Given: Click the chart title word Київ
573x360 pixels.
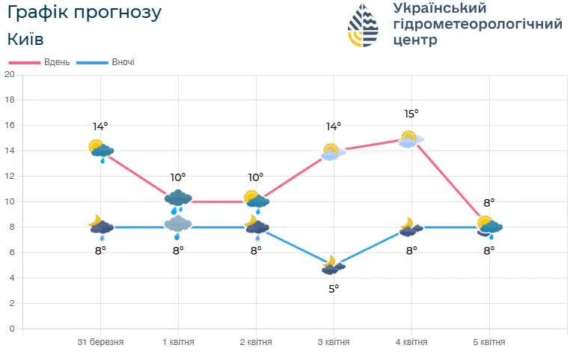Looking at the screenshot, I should point(25,38).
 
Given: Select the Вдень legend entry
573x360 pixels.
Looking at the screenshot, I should point(56,62).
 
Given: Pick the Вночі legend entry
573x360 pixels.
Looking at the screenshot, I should point(123,62).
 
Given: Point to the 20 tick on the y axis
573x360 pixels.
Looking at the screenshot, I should point(9,74).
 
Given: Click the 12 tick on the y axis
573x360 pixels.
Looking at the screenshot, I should point(9,176).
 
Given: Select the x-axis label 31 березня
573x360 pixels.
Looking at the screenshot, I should point(100,342).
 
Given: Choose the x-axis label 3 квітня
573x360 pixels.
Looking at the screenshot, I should point(334,342).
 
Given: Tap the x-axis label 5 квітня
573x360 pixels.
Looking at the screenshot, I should point(489,342).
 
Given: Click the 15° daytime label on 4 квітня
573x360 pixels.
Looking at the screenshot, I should point(411,114).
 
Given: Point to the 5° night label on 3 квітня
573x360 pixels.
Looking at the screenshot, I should point(334,288).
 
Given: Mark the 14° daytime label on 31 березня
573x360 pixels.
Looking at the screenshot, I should point(100,126).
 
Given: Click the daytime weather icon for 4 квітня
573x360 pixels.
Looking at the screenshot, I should point(411,139).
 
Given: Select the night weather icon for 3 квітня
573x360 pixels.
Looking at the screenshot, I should point(333,265).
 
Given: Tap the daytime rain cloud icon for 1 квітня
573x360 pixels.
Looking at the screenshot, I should point(178,199).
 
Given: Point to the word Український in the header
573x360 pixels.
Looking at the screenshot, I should point(439,8).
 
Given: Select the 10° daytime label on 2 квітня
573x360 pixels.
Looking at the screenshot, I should point(256,177).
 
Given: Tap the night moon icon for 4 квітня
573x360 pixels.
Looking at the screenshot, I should point(410,227).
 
